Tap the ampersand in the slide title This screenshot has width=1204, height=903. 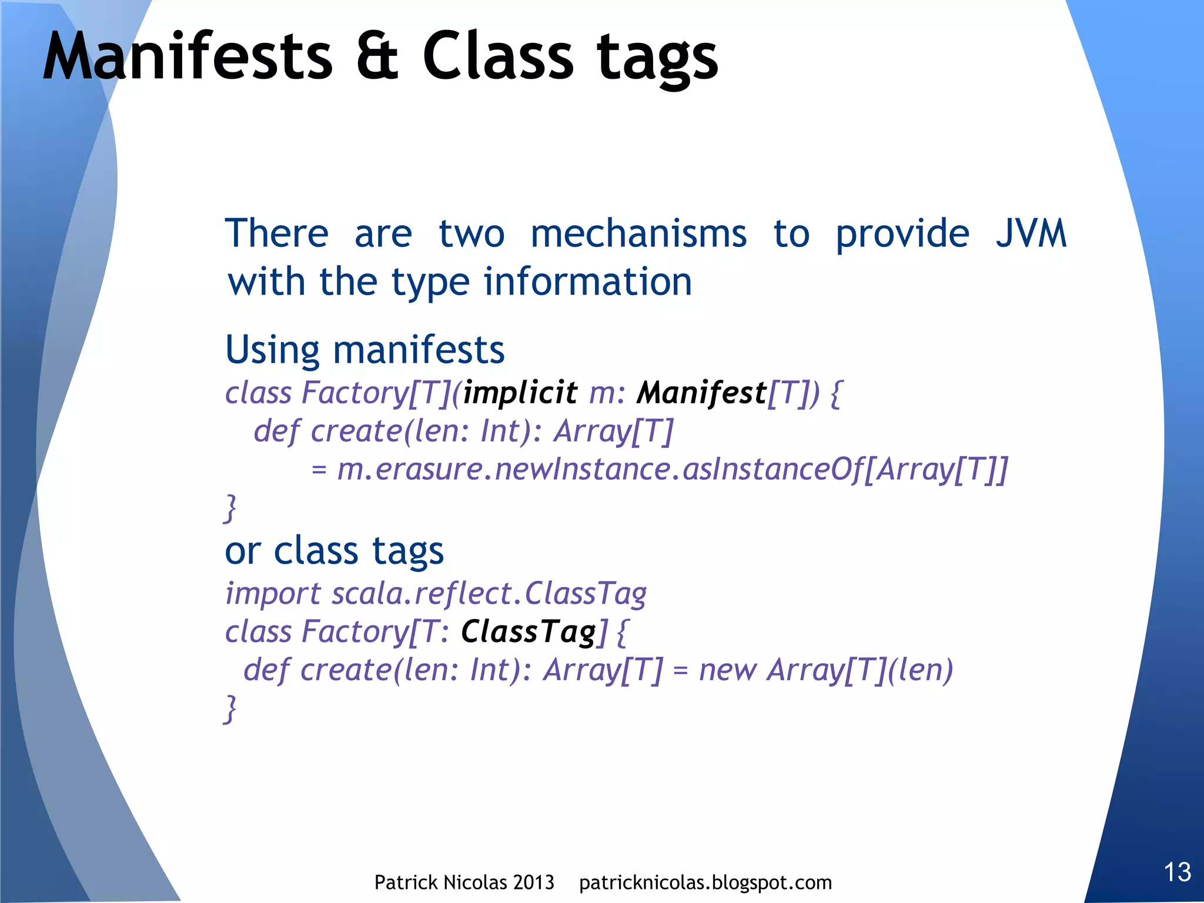coord(377,57)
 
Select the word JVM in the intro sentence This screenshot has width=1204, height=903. coord(1031,233)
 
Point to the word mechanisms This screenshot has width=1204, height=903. coord(638,233)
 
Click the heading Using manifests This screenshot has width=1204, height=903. coord(364,350)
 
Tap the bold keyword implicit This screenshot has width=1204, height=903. coord(520,393)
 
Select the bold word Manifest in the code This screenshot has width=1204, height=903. coord(701,393)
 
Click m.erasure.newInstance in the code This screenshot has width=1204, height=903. coord(504,469)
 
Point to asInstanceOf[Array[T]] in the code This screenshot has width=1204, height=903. coord(845,469)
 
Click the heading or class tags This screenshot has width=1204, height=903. coord(334,551)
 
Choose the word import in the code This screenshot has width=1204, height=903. coord(273,594)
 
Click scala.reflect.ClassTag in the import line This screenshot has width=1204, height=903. coord(489,594)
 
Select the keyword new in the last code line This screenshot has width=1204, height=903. coord(727,670)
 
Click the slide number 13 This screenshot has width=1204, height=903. coord(1177,872)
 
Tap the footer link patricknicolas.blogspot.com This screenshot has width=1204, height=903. coord(705,882)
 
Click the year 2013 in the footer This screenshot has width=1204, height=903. coord(533,882)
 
